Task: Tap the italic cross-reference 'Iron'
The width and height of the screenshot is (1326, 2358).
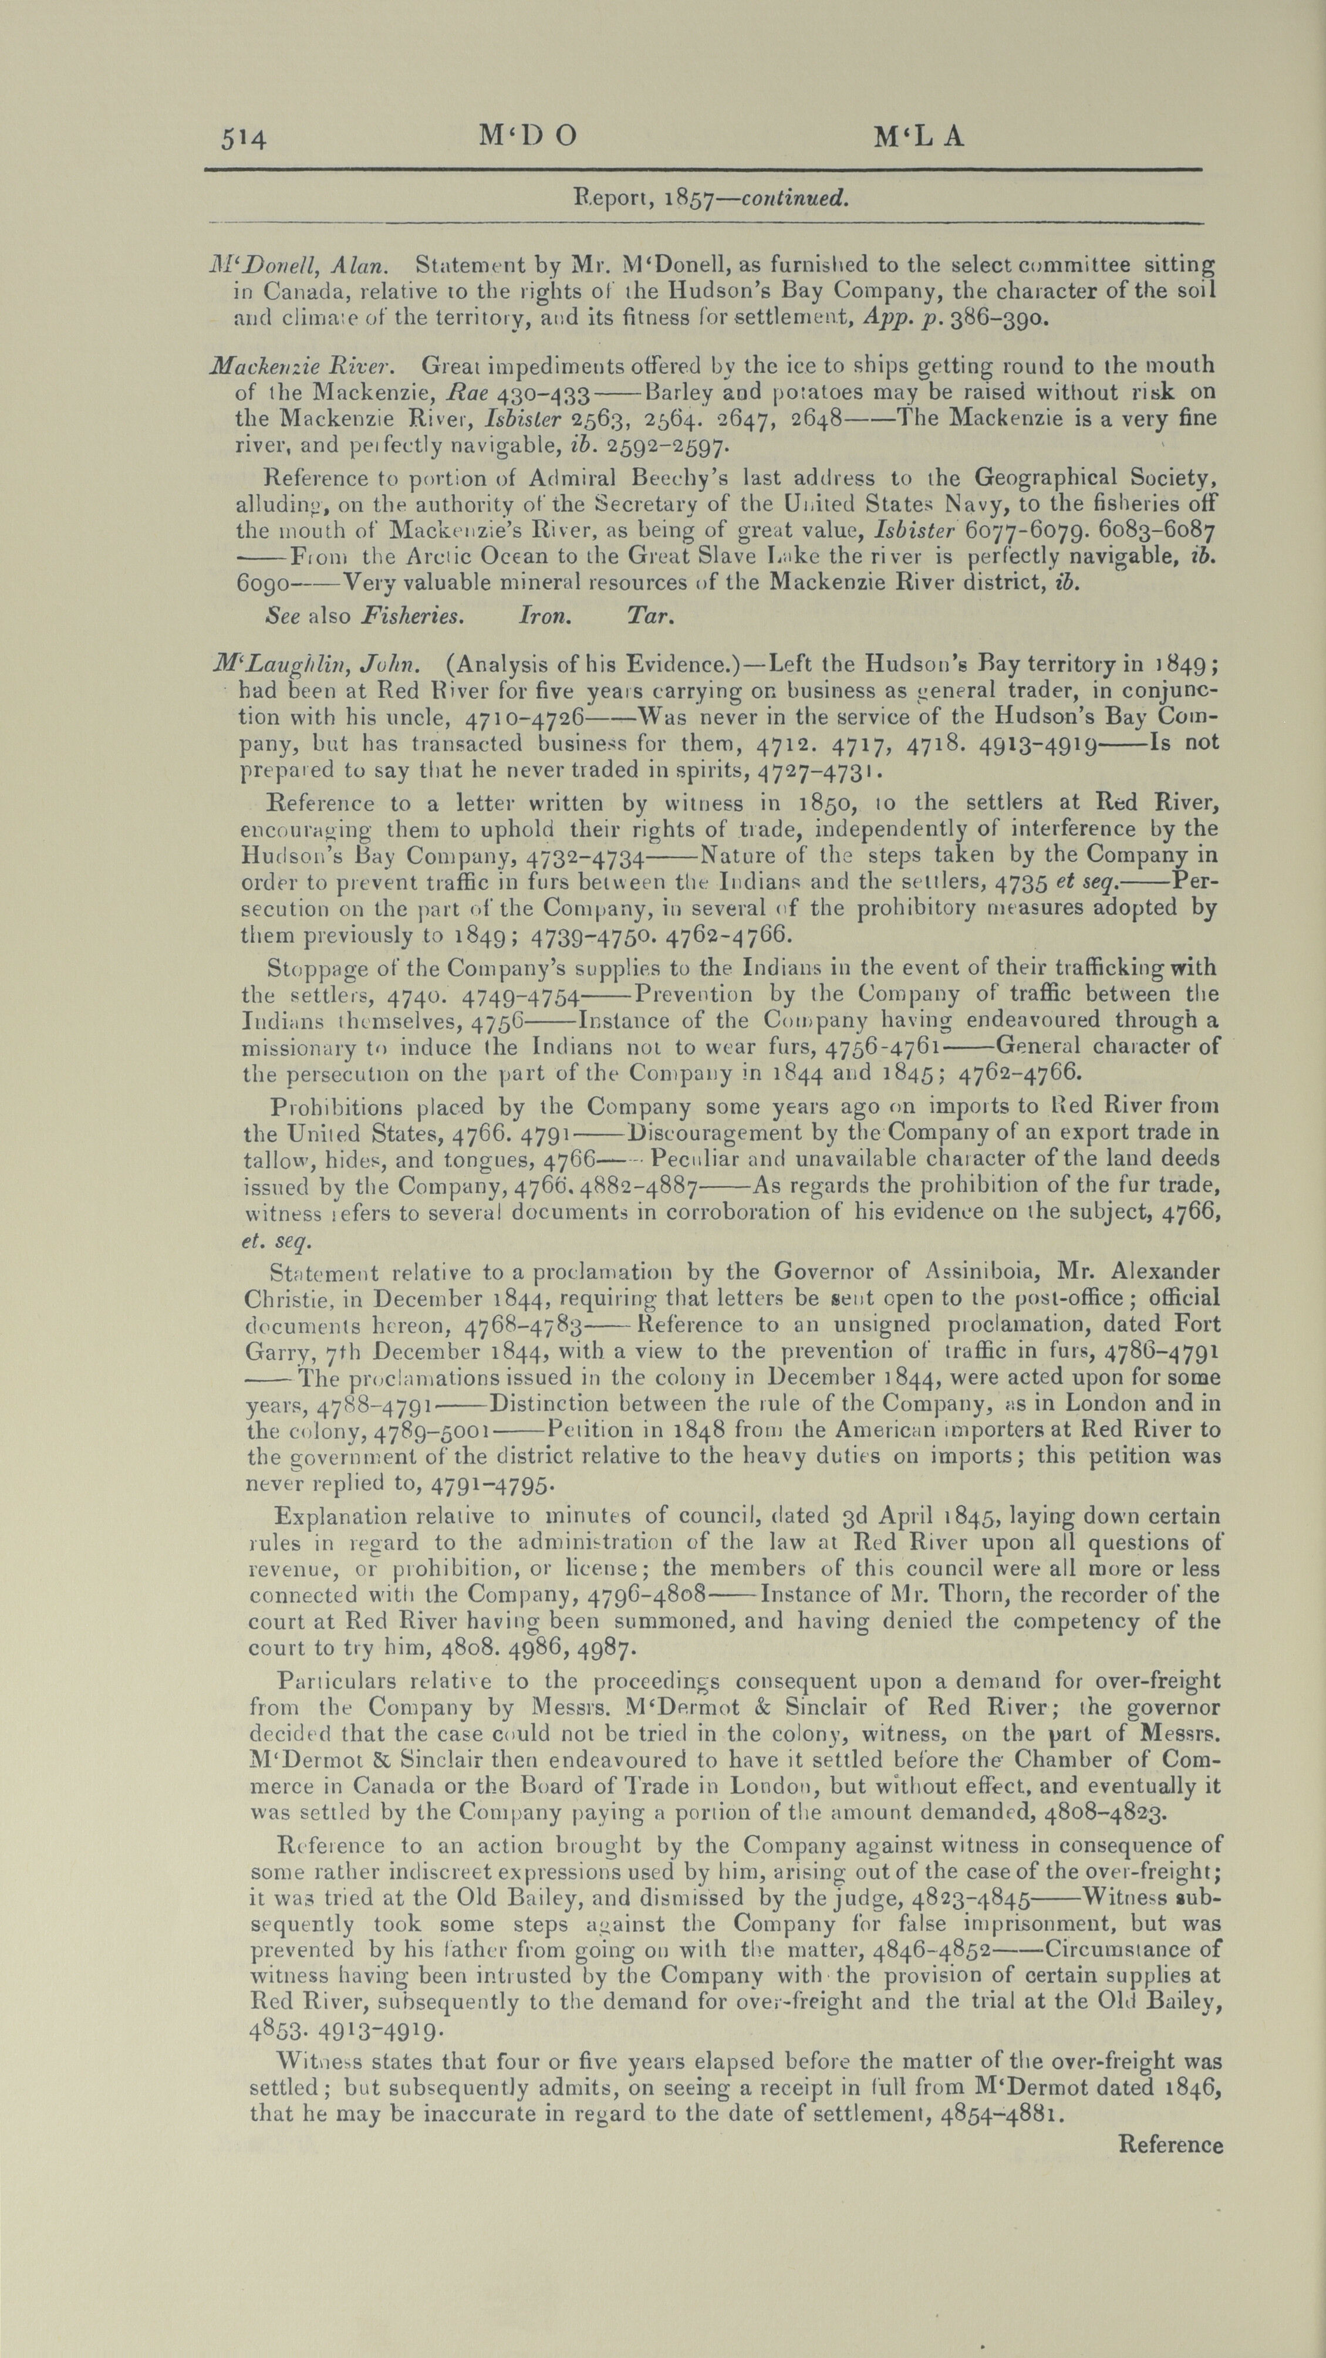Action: pyautogui.click(x=545, y=616)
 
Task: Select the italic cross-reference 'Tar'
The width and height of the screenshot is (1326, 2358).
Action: pyautogui.click(x=650, y=616)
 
